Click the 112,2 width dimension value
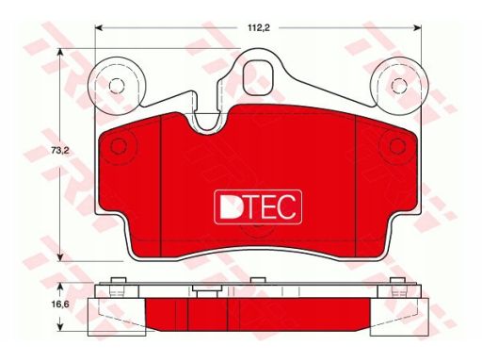tap(259, 28)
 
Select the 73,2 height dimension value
tap(59, 151)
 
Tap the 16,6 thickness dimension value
tap(59, 304)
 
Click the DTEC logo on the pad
tap(258, 207)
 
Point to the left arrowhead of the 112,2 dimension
tap(99, 28)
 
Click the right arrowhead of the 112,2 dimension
tap(417, 28)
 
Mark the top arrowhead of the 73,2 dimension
tap(59, 53)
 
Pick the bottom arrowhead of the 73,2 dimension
tap(59, 257)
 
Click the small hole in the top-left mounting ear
tap(117, 86)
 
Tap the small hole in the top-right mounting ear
tap(399, 86)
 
